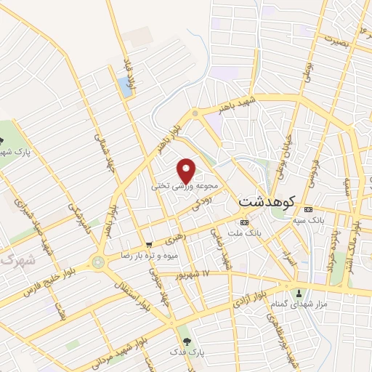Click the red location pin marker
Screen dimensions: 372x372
coord(187,170)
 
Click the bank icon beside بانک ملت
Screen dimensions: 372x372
coord(244,222)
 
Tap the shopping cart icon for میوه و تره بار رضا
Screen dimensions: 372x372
coord(148,245)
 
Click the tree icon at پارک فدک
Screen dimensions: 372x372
coord(187,340)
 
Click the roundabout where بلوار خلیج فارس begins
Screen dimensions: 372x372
coord(97,262)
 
